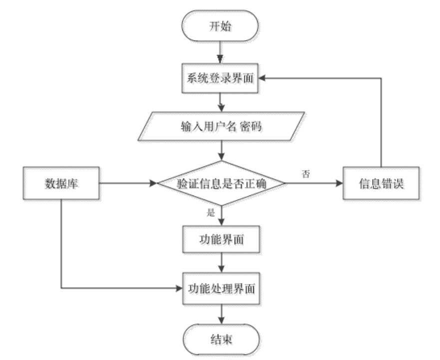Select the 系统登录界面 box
221,79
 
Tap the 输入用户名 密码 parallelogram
221,127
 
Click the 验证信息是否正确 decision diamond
222,184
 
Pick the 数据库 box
62,184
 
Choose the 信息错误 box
382,184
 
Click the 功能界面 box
222,242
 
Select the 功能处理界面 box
222,289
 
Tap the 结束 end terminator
222,341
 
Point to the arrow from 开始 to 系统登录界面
221,52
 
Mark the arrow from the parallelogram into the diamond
221,152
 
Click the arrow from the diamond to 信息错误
315,184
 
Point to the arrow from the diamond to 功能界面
222,216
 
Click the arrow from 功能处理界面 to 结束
222,314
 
